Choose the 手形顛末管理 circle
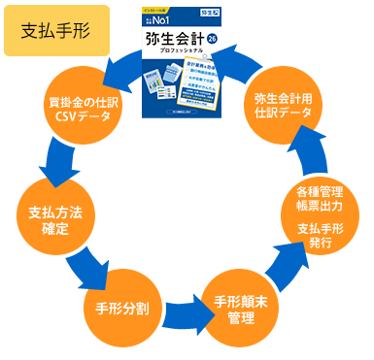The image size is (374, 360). (x=239, y=311)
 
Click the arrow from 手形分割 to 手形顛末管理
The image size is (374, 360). (x=179, y=312)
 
